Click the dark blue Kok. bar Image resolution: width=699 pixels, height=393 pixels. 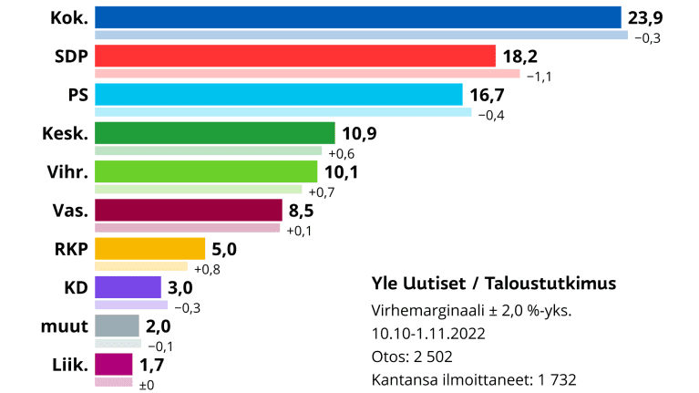click(x=357, y=18)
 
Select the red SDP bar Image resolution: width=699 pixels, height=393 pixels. click(x=294, y=57)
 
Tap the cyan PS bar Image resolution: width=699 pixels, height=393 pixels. click(x=279, y=95)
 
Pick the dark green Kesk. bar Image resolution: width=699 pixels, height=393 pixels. click(x=215, y=134)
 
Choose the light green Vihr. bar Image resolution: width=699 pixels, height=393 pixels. click(x=206, y=172)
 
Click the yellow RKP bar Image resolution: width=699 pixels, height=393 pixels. click(x=149, y=249)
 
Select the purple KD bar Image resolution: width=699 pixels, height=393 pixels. click(x=128, y=287)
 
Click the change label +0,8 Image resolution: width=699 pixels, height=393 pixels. click(x=205, y=268)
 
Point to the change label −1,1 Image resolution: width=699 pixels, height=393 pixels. click(x=539, y=76)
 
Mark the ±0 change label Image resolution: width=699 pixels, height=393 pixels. click(x=146, y=384)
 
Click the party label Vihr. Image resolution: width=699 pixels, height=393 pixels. click(x=67, y=172)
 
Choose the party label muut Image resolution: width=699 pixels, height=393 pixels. click(x=65, y=326)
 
